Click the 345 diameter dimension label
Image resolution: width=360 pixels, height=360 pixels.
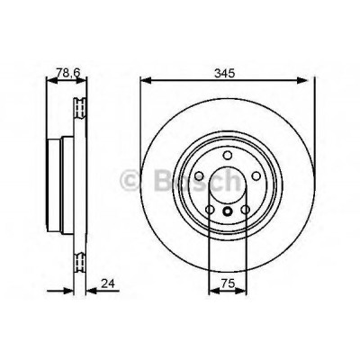[224, 73]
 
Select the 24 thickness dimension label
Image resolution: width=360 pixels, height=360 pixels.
[108, 283]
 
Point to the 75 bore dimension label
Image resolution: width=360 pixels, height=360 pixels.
[227, 283]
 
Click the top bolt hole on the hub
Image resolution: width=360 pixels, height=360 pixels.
[228, 156]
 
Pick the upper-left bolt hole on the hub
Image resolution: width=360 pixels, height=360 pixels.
[199, 176]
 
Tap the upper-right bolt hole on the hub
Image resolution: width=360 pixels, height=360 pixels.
[256, 176]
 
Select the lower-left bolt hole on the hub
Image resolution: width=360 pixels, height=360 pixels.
[210, 210]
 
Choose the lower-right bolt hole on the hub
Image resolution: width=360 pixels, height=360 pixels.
[246, 210]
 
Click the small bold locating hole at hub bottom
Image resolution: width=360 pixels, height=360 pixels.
[228, 211]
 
